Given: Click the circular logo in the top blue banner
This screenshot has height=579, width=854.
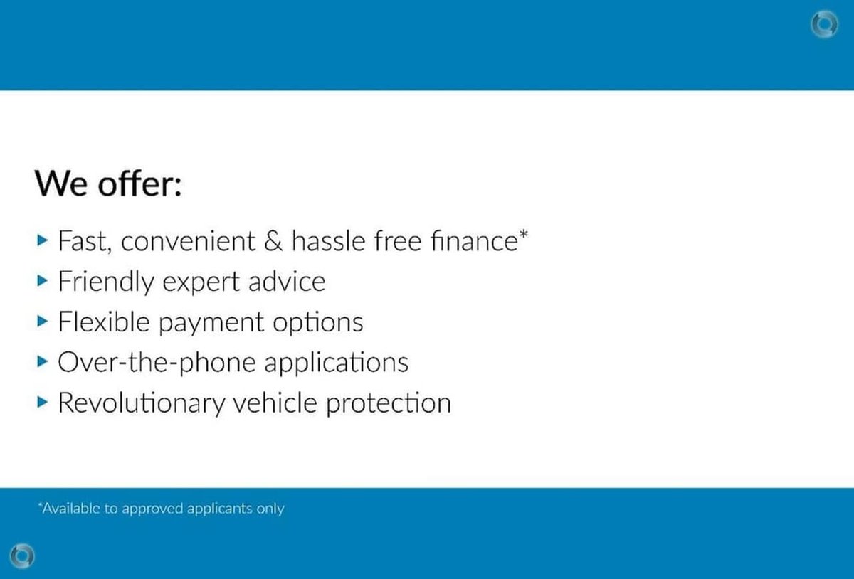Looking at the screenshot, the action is coord(824,25).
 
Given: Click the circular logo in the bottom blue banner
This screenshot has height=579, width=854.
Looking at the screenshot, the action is coord(22,556).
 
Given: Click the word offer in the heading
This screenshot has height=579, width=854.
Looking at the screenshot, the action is coord(139,184).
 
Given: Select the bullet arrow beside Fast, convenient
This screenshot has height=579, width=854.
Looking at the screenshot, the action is coord(42,240).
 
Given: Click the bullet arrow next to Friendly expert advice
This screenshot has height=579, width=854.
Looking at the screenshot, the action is coord(42,281).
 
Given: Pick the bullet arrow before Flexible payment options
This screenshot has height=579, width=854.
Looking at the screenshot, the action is coord(42,322).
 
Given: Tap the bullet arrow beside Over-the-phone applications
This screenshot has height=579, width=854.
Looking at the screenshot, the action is coord(42,361).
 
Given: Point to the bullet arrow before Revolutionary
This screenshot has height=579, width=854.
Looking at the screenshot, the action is coord(42,402).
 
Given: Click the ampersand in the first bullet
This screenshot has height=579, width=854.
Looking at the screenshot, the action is coord(273,241).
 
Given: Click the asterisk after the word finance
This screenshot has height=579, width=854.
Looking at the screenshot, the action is coord(524,233).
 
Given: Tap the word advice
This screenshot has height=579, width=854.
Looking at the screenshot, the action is coord(287,281).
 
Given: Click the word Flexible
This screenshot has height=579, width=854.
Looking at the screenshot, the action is coord(104,322).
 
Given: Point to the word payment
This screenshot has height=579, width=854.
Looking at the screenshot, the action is coord(211,323).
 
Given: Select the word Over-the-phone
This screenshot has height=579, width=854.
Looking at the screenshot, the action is coord(157,363).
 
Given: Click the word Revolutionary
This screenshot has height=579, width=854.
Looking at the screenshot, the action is coord(142,403).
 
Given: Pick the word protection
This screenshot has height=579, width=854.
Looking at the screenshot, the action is coord(389,403).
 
